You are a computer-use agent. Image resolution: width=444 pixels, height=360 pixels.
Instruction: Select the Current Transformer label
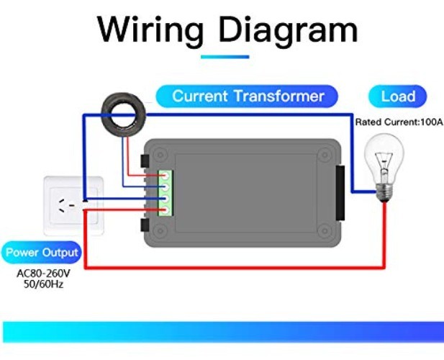[x=248, y=96]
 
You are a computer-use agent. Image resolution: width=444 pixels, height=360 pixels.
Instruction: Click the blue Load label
[x=397, y=96]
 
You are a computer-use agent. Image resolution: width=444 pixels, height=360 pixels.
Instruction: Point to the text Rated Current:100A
[x=398, y=122]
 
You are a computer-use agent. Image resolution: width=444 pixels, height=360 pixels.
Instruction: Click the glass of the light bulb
[x=384, y=154]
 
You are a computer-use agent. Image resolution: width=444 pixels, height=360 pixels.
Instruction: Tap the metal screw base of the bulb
[x=386, y=190]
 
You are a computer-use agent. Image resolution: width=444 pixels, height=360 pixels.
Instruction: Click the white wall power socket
[x=72, y=205]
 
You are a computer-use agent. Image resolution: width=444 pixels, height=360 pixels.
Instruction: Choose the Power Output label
[x=42, y=253]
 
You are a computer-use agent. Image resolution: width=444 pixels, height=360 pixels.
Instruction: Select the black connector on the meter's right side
[x=340, y=192]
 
